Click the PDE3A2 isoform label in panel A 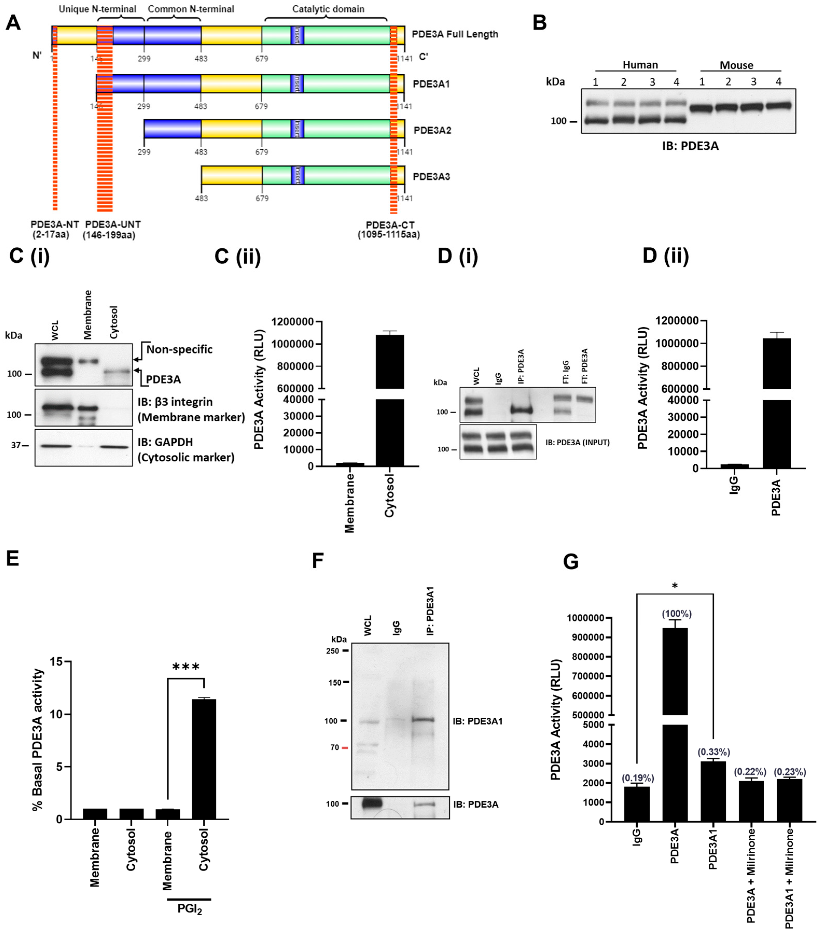(x=432, y=130)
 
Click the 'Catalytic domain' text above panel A (x=328, y=9)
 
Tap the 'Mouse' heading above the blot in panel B (x=736, y=65)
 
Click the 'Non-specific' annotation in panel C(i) (x=179, y=350)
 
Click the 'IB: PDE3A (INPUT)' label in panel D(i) (x=577, y=442)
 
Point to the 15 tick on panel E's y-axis (x=57, y=662)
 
